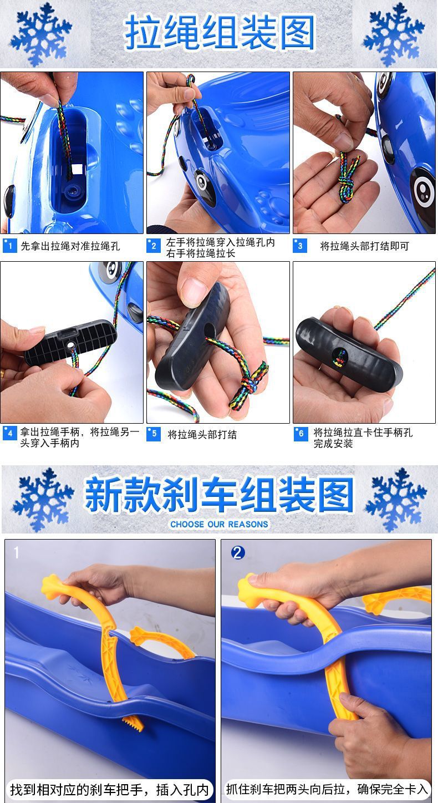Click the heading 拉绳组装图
[220, 32]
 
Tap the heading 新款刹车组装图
[219, 494]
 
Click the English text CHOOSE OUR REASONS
[219, 524]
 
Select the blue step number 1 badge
[9, 246]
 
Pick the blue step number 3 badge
[300, 246]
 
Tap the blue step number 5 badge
[154, 434]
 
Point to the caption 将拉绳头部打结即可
[364, 246]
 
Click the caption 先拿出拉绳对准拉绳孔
[70, 246]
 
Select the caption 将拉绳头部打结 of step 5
[202, 434]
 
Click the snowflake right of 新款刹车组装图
[396, 499]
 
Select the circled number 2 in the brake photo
[238, 552]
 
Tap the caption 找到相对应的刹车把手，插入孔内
[109, 789]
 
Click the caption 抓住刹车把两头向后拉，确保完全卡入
[327, 789]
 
